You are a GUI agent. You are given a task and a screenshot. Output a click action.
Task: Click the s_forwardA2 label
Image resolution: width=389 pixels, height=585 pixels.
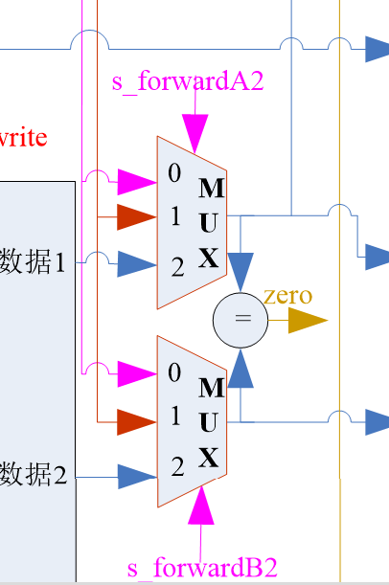point(188,81)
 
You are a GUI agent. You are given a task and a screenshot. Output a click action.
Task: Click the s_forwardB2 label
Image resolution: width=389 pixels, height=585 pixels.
point(202,568)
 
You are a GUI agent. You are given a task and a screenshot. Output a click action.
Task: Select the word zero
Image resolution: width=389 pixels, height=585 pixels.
point(287,296)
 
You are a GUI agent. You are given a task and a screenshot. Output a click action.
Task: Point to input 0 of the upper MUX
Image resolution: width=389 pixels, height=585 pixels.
point(174,174)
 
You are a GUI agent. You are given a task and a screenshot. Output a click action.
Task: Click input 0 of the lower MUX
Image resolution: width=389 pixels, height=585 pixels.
point(174,372)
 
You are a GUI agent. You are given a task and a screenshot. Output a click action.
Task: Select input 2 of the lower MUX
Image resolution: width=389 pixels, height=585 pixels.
point(177,467)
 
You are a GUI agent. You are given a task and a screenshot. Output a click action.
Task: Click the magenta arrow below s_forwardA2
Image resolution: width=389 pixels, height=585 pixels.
point(194,130)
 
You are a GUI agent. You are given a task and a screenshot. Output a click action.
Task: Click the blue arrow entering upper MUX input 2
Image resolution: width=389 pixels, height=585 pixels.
point(136,263)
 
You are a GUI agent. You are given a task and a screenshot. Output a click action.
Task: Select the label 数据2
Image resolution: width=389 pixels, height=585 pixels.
point(34,473)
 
